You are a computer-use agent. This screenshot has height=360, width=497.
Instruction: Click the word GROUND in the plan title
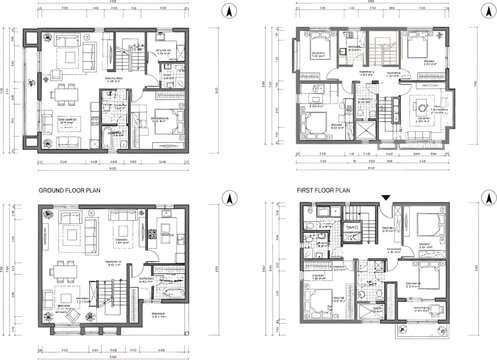coord(53,189)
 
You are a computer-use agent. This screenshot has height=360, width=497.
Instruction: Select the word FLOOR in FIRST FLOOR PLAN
coord(330,189)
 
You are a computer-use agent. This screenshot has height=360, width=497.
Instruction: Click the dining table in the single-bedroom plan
coord(59,98)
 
